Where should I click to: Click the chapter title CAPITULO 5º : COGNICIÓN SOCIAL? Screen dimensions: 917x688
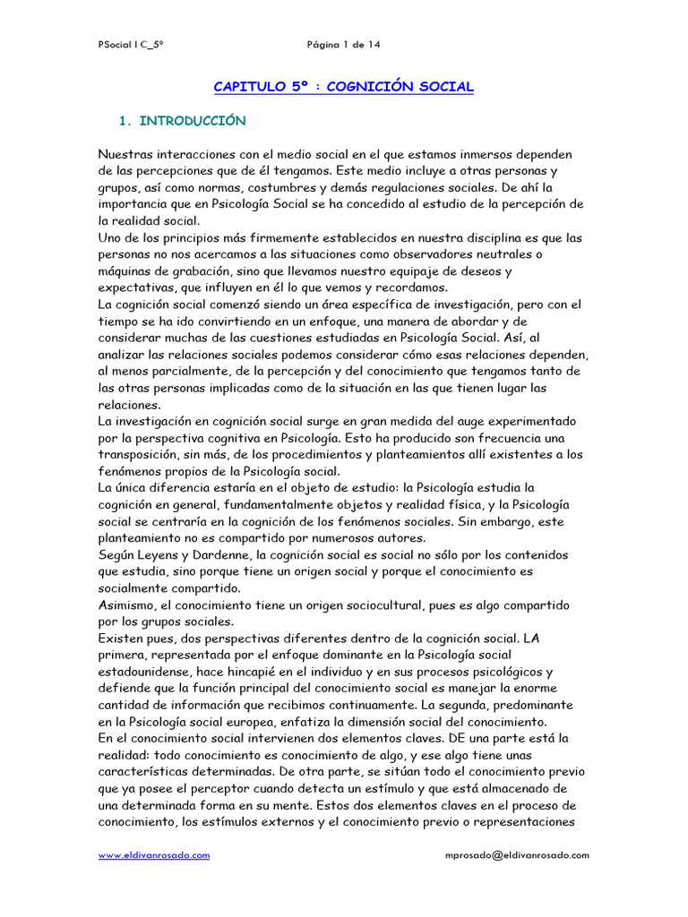pos(343,87)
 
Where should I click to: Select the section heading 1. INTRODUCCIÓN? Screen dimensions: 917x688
pos(183,120)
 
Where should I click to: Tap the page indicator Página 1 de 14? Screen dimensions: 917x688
pos(344,44)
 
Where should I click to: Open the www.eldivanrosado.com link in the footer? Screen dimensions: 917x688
pos(154,855)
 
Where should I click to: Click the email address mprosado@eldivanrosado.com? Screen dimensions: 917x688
pos(517,855)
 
